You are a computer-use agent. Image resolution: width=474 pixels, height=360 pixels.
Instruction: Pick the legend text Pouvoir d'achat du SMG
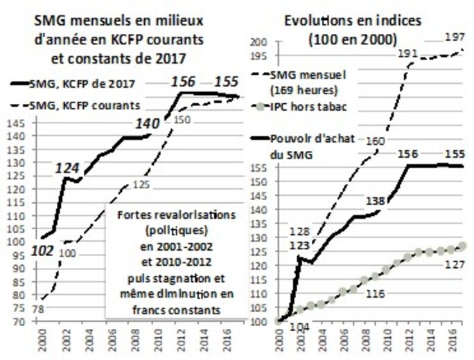pos(315,147)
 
